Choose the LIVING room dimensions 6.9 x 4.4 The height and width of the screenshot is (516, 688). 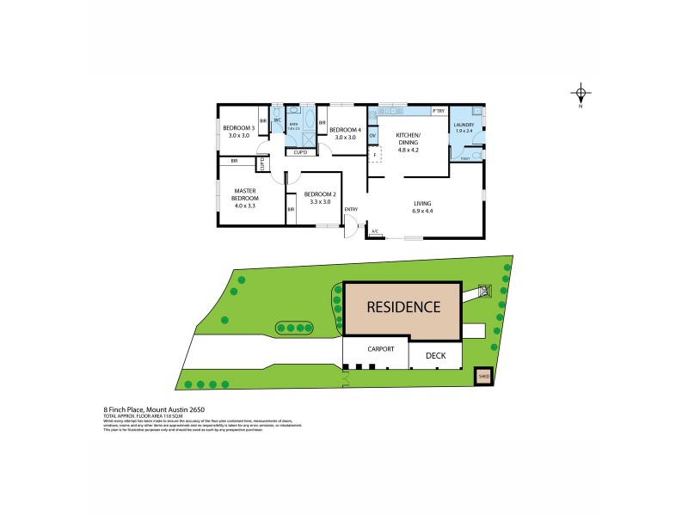coord(422,211)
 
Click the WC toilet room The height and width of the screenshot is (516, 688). coord(277,121)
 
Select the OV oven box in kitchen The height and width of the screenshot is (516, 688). coord(372,136)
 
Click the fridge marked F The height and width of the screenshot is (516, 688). coord(374,155)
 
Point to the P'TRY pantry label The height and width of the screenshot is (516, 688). coord(438,112)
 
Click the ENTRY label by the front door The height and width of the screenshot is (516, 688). coord(350,210)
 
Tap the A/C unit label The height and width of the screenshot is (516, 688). coord(375,231)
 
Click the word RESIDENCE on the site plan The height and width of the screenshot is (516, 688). coord(403,307)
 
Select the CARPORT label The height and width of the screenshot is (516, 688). coord(381,349)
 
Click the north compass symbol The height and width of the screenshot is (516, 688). coord(580,95)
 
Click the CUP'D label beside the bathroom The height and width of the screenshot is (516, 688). coord(301,152)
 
